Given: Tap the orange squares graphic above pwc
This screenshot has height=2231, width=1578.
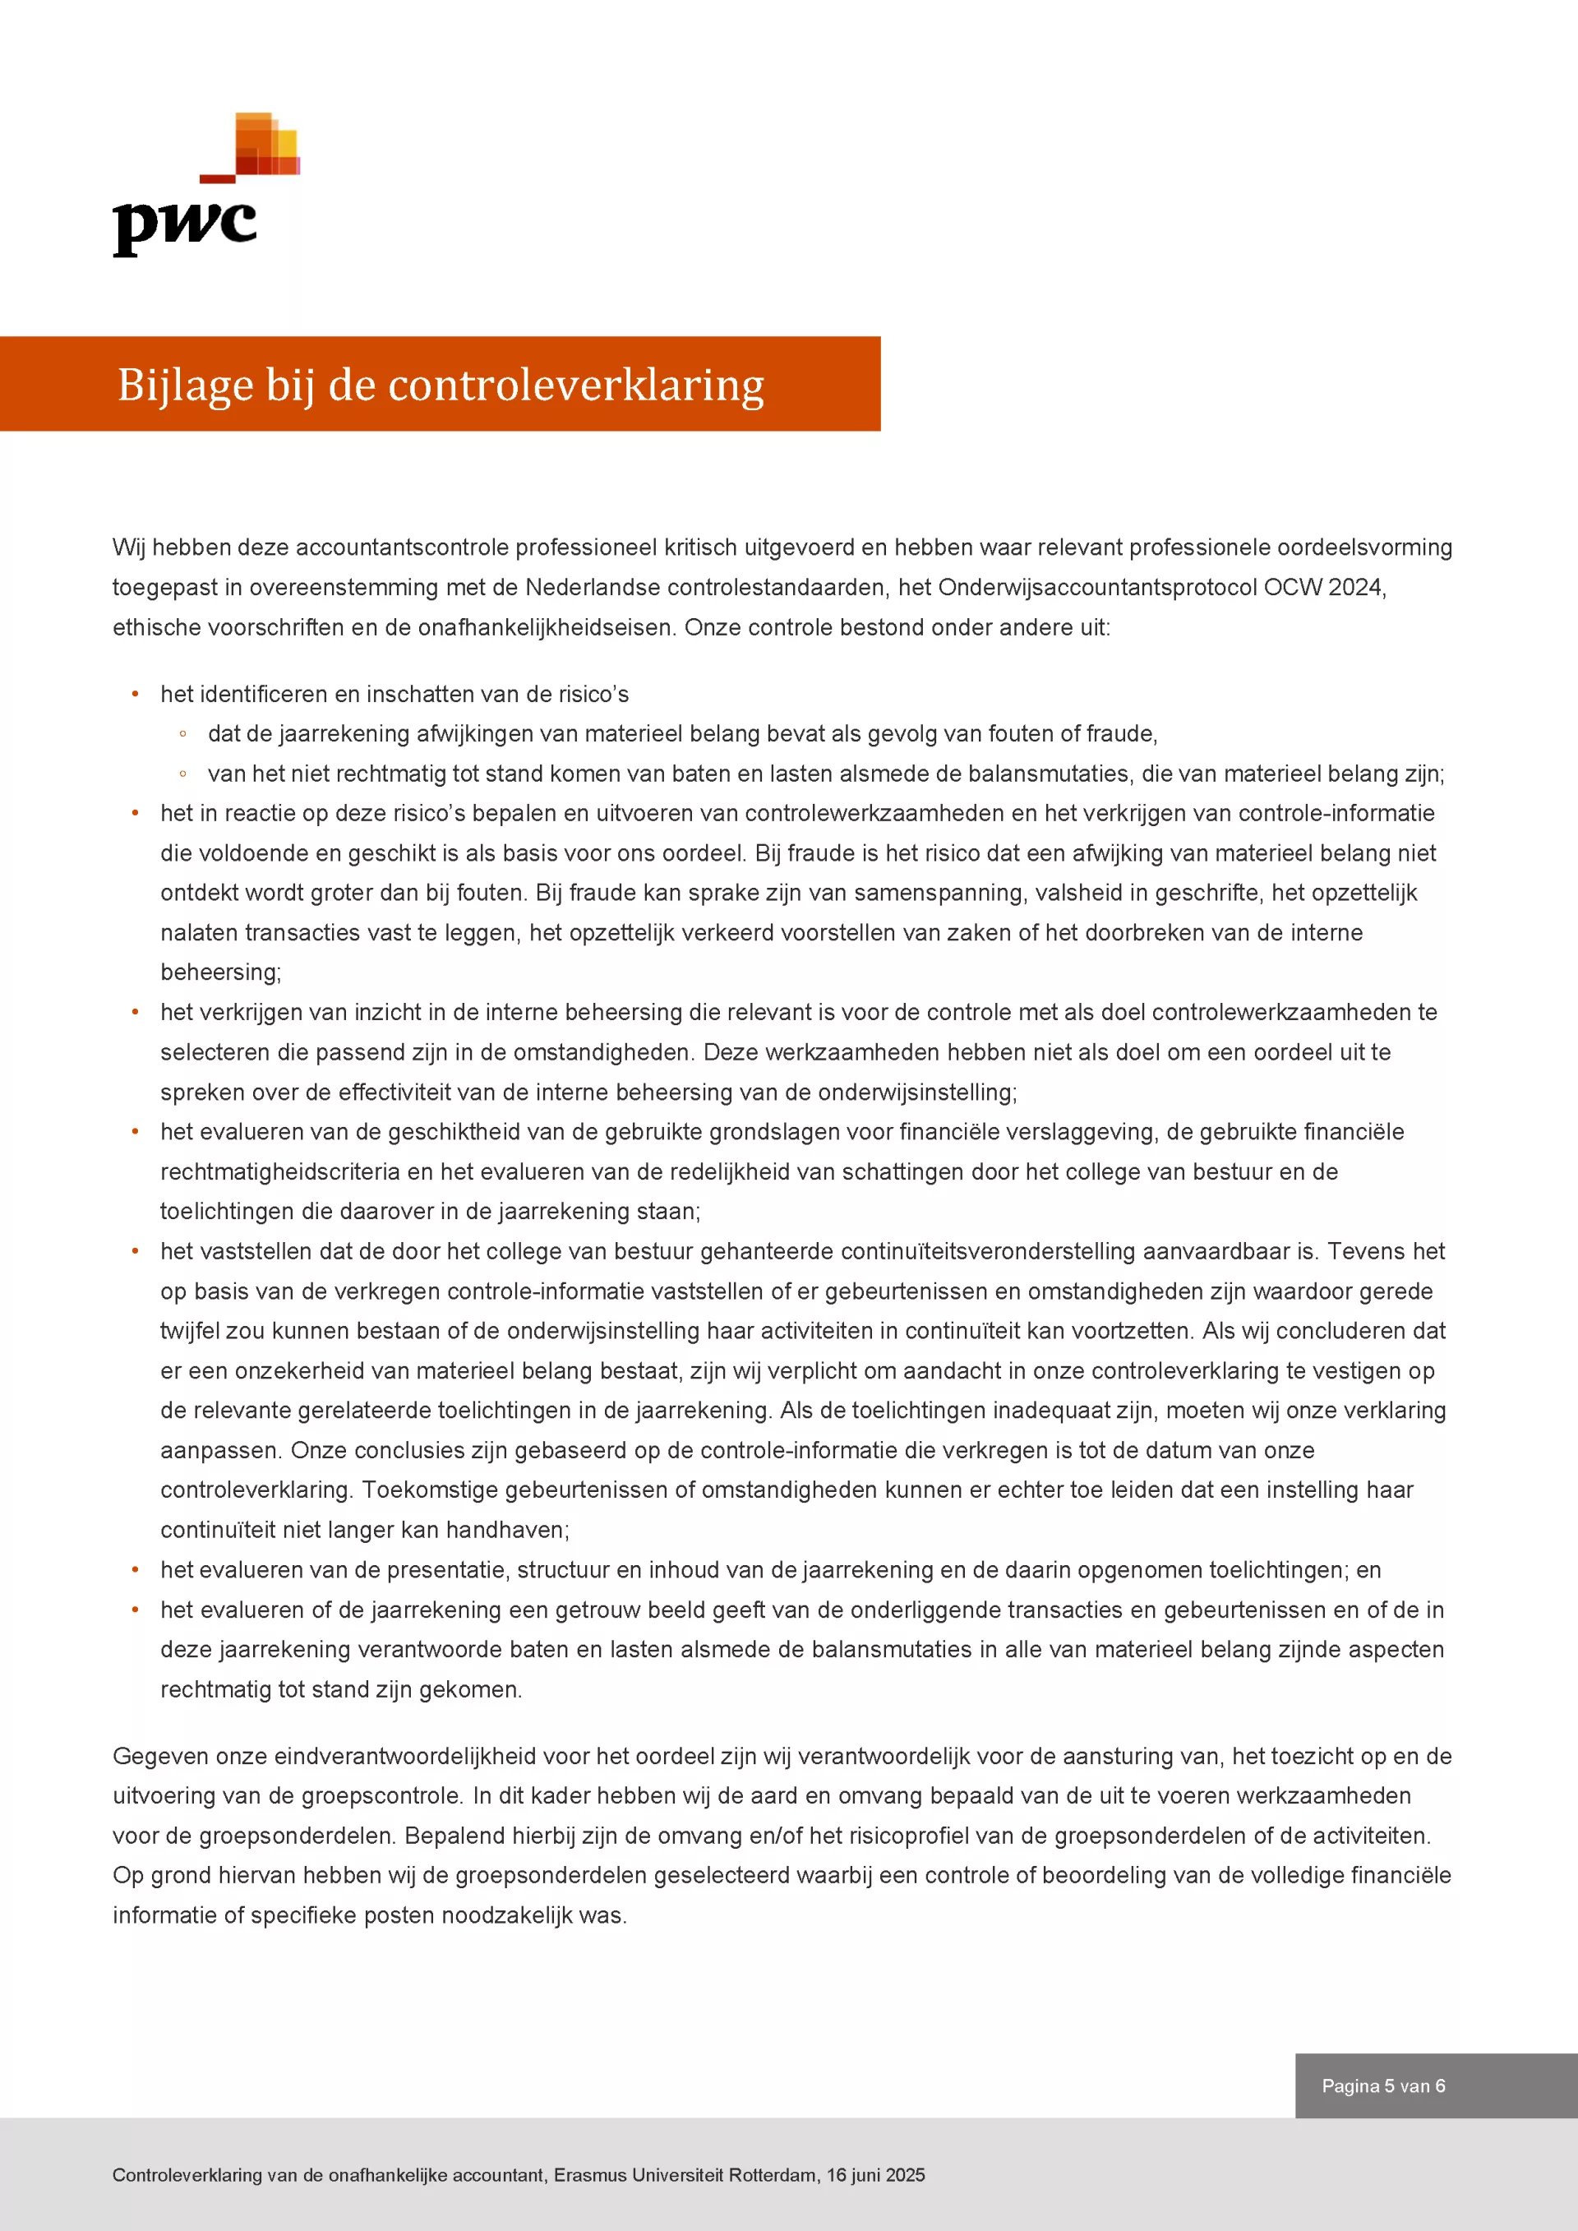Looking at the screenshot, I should pos(265,145).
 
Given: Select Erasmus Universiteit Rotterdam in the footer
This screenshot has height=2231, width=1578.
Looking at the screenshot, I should pos(685,2174).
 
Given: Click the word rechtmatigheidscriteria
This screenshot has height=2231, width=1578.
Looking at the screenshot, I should pos(279,1172).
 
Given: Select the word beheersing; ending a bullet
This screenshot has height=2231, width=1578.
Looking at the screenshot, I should pos(220,972).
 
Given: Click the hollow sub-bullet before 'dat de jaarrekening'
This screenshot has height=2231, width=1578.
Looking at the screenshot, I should pos(182,735).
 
